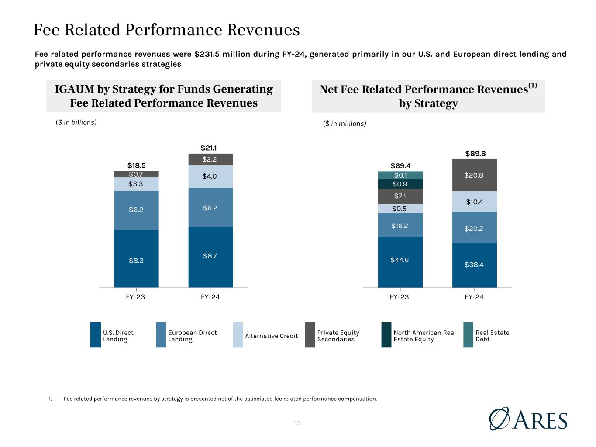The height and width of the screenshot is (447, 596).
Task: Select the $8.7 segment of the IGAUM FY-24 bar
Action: pyautogui.click(x=210, y=256)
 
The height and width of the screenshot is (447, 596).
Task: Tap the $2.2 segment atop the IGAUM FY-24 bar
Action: pyautogui.click(x=210, y=160)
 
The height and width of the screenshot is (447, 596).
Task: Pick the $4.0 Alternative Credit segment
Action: pyautogui.click(x=210, y=177)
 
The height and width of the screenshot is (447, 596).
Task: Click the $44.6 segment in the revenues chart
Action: pyautogui.click(x=400, y=261)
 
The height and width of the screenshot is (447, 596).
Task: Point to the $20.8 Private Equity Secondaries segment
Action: pyautogui.click(x=474, y=175)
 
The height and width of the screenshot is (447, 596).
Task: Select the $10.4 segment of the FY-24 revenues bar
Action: pyautogui.click(x=474, y=202)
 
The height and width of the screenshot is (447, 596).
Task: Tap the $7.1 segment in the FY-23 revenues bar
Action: pyautogui.click(x=400, y=196)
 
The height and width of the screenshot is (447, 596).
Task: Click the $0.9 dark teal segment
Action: pyautogui.click(x=400, y=184)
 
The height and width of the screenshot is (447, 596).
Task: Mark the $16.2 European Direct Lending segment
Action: pyautogui.click(x=400, y=225)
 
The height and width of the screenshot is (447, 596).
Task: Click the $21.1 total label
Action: pyautogui.click(x=210, y=148)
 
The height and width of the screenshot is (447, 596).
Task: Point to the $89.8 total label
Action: pyautogui.click(x=475, y=154)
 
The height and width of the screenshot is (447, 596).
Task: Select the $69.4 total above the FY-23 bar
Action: pyautogui.click(x=400, y=166)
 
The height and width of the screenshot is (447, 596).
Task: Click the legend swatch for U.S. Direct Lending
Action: pyautogui.click(x=95, y=335)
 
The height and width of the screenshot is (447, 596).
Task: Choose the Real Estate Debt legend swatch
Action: pyautogui.click(x=468, y=335)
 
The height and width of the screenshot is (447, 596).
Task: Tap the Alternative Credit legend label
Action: pyautogui.click(x=271, y=336)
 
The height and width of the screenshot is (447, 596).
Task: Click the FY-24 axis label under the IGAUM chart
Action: pyautogui.click(x=210, y=297)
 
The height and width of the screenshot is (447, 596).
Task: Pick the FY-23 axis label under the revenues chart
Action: pyautogui.click(x=399, y=297)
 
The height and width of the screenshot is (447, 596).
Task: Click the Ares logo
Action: pyautogui.click(x=528, y=419)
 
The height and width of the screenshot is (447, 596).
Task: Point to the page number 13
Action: pyautogui.click(x=298, y=423)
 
